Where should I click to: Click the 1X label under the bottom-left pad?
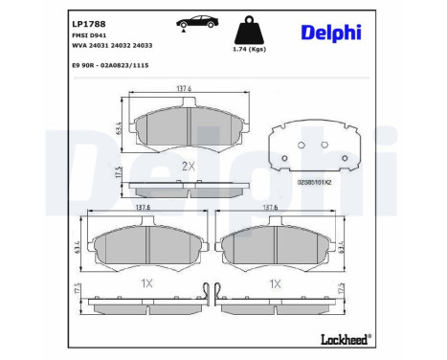145,282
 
